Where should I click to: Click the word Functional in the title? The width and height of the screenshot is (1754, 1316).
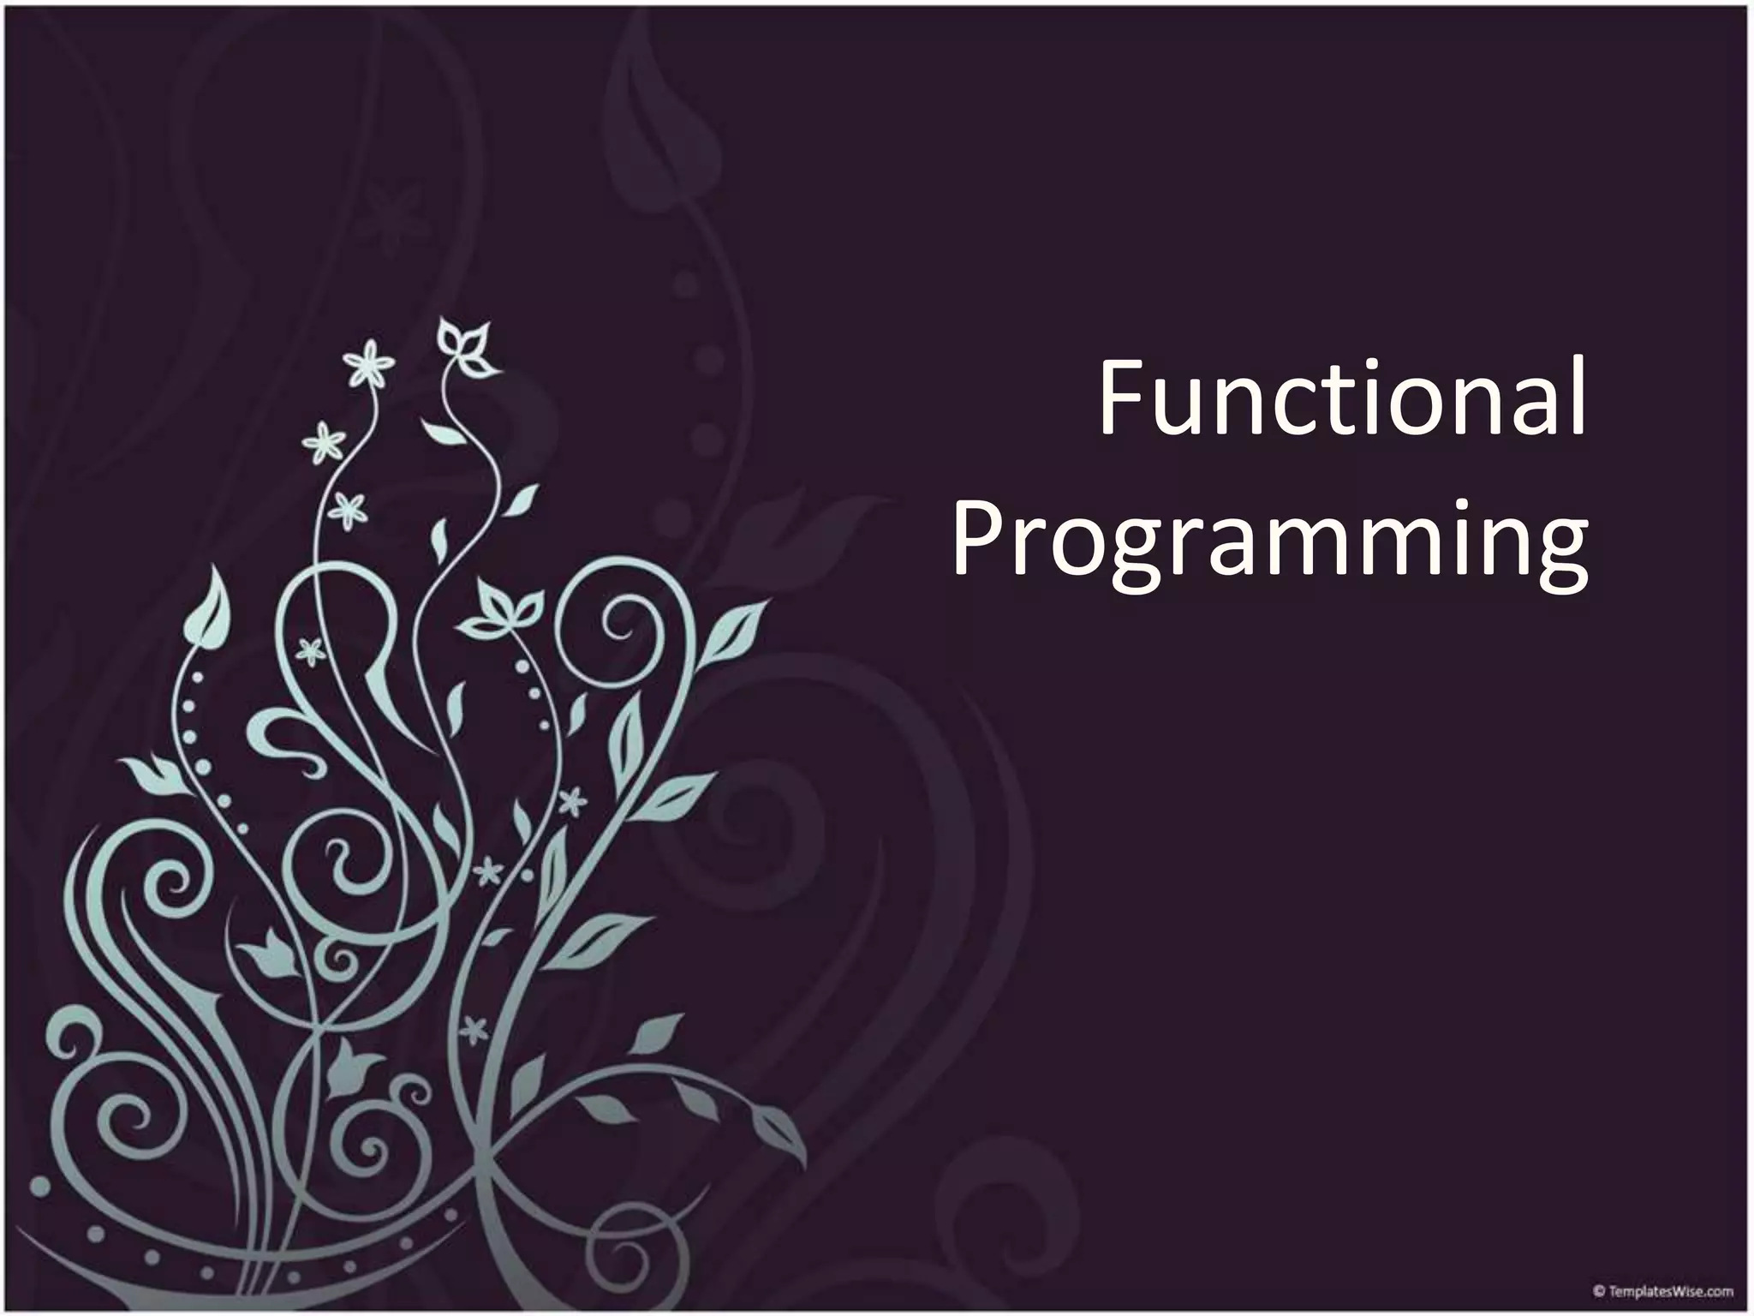pos(1342,400)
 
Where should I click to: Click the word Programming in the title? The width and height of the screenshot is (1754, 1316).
pos(1270,540)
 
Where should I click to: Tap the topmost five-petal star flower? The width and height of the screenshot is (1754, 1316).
pos(369,363)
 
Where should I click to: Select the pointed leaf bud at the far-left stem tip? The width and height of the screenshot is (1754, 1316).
pos(207,609)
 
